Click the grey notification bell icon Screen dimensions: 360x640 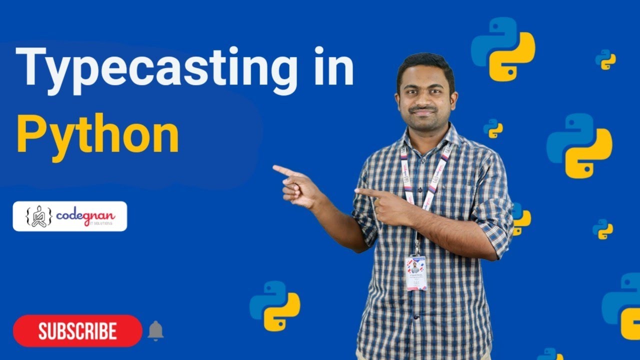coord(155,330)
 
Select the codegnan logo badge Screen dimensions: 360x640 coord(70,216)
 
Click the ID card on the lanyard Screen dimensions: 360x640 coord(416,273)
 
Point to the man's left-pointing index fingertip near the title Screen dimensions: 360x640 coord(275,168)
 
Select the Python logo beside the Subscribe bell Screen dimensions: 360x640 coord(274,305)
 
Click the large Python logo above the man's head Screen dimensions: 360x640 coord(503,49)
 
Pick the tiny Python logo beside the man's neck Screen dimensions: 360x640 coord(493,128)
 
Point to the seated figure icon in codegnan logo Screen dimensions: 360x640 coord(38,216)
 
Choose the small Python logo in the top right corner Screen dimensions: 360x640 coord(605,59)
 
